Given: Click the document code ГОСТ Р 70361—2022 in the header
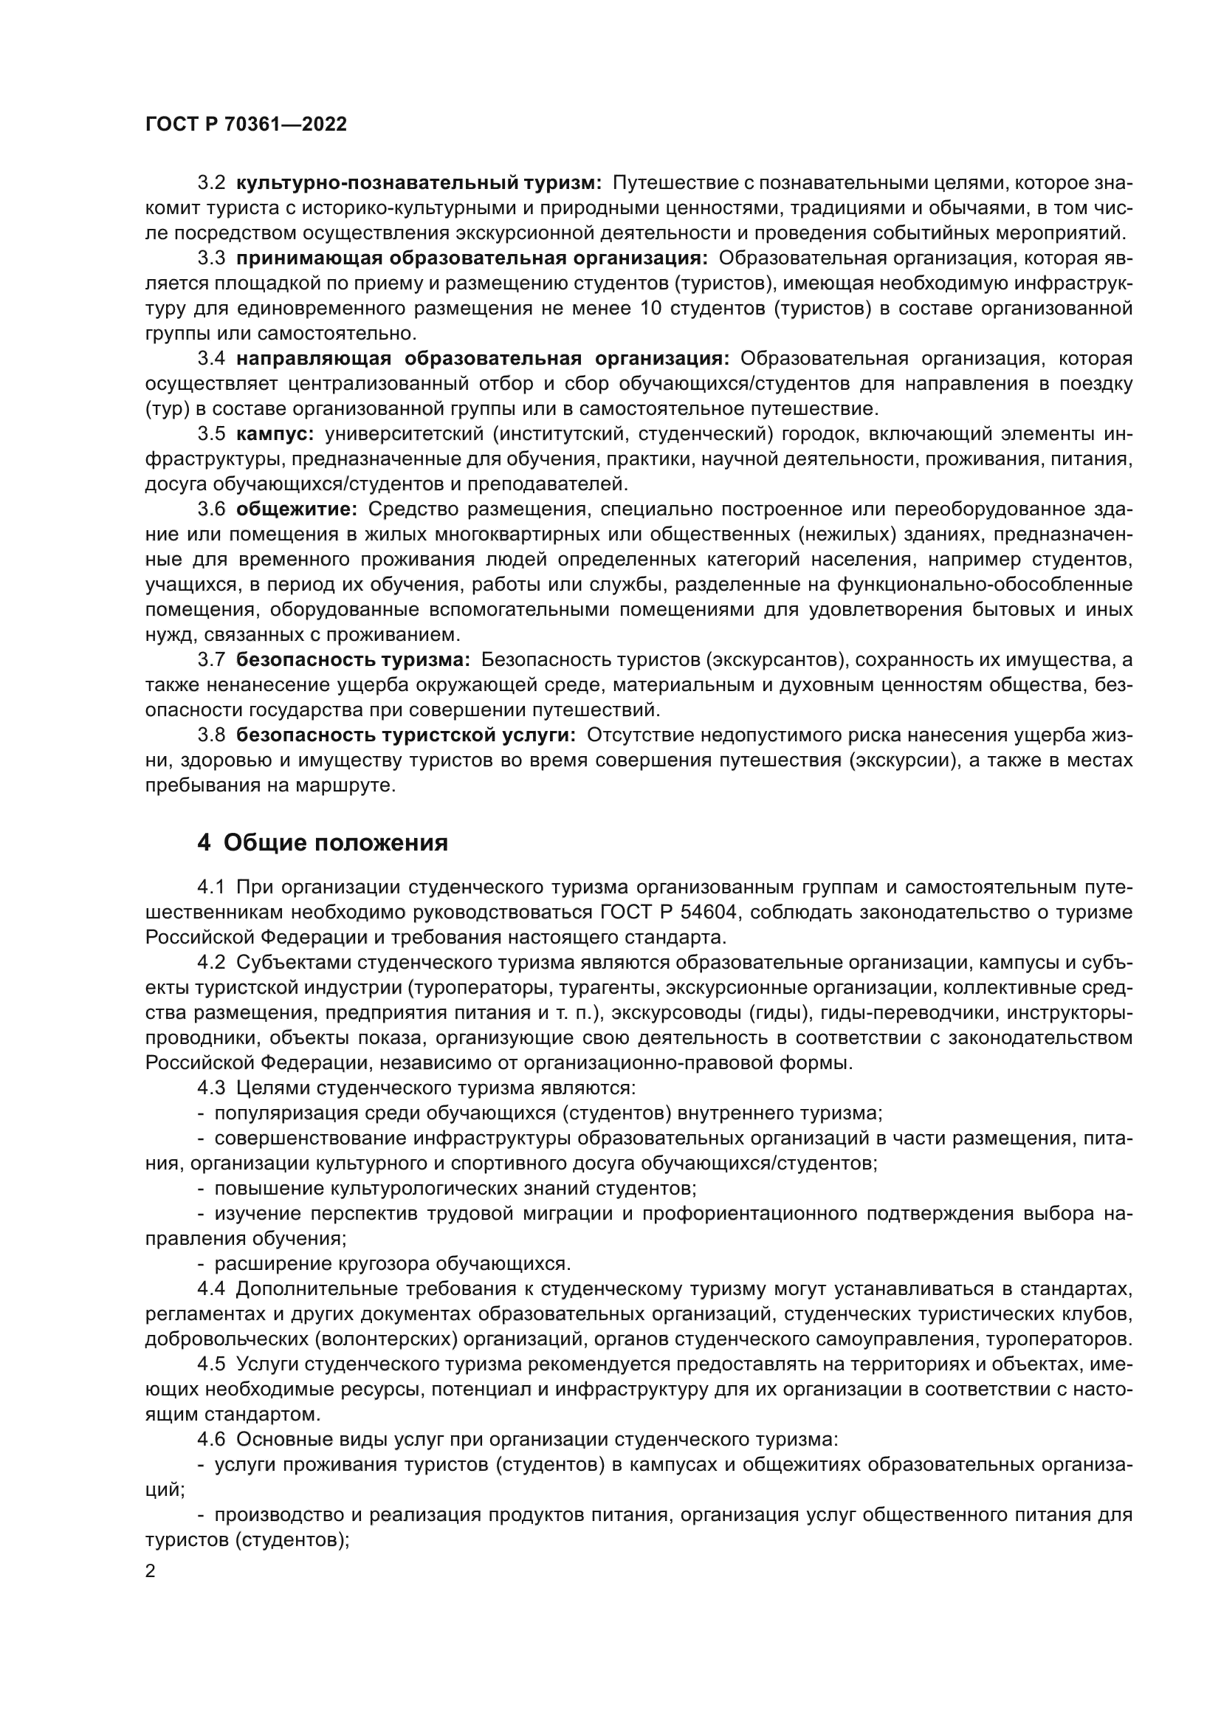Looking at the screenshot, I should [246, 125].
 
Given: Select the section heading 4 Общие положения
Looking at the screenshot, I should [323, 842].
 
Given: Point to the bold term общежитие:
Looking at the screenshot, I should [297, 509].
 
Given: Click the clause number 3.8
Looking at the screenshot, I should [211, 735].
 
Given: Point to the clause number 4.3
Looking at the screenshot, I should [211, 1088].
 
